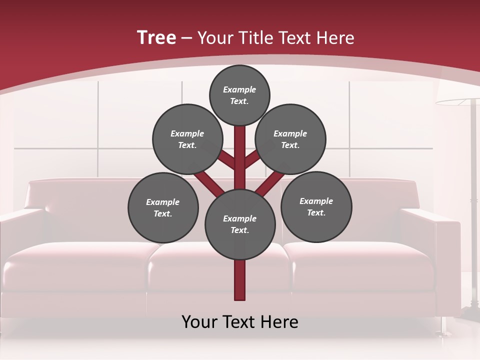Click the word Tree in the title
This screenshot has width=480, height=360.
coord(156,37)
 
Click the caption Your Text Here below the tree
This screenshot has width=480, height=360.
coord(240,322)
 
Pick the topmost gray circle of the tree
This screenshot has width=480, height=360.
coord(239,95)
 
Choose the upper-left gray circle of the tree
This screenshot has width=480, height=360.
coord(187,139)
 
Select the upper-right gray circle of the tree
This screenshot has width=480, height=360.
coord(290,139)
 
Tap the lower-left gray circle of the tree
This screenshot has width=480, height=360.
coord(163,207)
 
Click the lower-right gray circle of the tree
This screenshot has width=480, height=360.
coord(316,206)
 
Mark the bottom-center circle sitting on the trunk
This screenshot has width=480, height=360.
coord(240,224)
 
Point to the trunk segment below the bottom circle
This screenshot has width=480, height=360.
coord(240,280)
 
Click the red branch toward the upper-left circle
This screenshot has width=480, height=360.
coord(226,161)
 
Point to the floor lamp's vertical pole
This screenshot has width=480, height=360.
coord(472,200)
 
